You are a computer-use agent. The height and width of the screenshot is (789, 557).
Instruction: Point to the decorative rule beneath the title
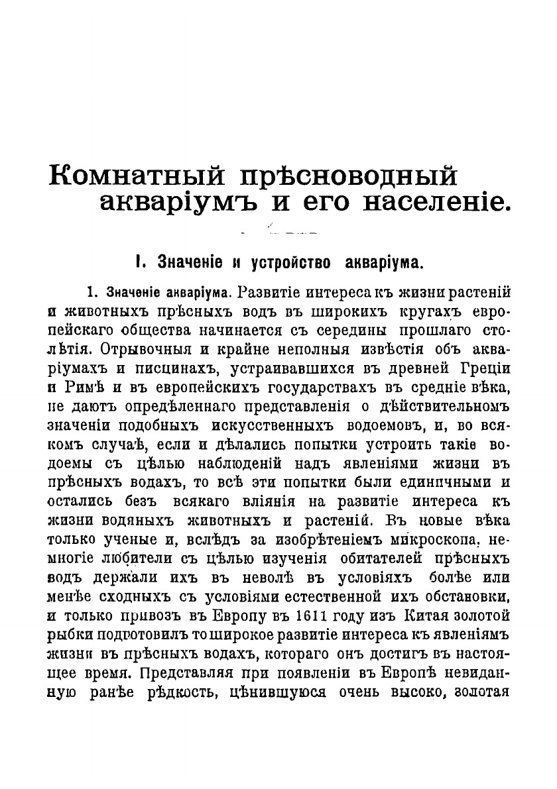pyautogui.click(x=278, y=233)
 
